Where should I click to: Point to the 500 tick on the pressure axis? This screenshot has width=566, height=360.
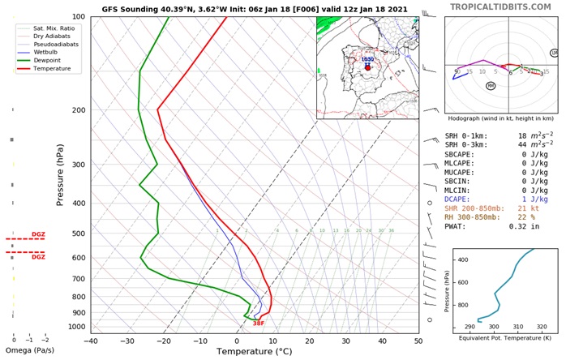tap(78, 234)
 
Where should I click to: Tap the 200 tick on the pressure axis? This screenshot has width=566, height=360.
tap(78, 110)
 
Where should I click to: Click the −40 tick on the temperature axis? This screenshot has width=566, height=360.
tap(91, 341)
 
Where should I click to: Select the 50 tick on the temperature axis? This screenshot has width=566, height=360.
tap(418, 341)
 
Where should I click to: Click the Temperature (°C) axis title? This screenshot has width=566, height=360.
tap(255, 352)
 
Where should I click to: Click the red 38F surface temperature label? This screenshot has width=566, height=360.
tap(258, 324)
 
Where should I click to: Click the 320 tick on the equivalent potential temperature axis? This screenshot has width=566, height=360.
tap(542, 327)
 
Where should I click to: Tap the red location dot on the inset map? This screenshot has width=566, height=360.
tap(367, 67)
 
